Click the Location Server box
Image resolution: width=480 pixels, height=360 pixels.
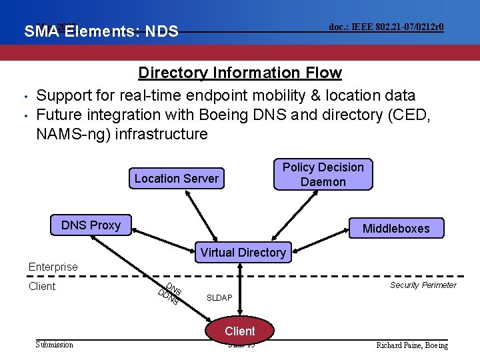click(176, 178)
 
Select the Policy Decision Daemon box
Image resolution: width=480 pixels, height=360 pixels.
click(323, 175)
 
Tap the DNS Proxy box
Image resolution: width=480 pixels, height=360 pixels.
click(91, 225)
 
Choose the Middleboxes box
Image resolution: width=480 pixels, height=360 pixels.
click(395, 229)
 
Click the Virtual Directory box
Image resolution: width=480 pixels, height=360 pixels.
click(243, 252)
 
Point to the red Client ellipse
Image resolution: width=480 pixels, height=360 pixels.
click(240, 331)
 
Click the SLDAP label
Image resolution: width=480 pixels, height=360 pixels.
click(220, 297)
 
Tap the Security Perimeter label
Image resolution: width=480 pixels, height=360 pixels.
click(423, 285)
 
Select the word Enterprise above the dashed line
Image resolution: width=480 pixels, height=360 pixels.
click(53, 267)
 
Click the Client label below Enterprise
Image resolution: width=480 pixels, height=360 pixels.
click(42, 286)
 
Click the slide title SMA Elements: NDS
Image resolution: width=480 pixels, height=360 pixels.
click(101, 31)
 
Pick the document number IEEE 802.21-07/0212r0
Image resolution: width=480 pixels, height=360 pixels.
click(387, 27)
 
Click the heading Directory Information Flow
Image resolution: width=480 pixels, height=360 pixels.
click(239, 73)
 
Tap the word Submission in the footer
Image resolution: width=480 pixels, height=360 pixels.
click(54, 344)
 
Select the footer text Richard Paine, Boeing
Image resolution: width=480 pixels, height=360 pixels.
click(412, 345)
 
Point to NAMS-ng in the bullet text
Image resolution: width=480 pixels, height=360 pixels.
click(73, 134)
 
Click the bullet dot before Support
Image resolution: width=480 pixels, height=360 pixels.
click(23, 96)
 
